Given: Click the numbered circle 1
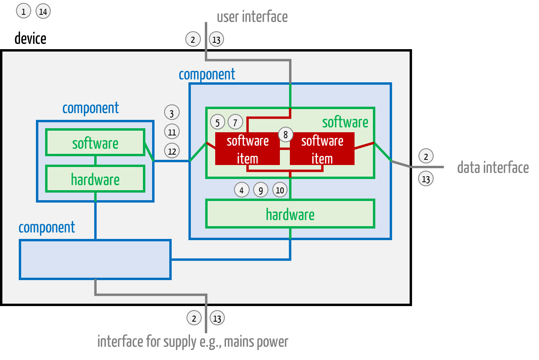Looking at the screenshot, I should [x=24, y=11].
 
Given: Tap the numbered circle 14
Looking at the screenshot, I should [x=43, y=11].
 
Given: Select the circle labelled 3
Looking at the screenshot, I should [x=172, y=113].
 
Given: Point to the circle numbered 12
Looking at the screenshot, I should [x=172, y=151].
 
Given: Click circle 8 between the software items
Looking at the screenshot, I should [x=285, y=135].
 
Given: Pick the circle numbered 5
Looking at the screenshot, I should [x=218, y=122].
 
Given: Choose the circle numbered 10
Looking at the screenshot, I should [x=280, y=190].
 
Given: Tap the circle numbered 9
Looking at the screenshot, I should [x=261, y=190].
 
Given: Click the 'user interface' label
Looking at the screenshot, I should [x=252, y=17].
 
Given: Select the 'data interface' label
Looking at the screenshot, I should [x=493, y=167].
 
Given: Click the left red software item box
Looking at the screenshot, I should [x=247, y=149].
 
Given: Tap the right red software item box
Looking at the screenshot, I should [x=322, y=149].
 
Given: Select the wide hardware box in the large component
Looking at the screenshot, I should [x=290, y=214].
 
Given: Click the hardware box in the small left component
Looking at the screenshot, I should [x=95, y=179].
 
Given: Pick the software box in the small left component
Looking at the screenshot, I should [x=95, y=143].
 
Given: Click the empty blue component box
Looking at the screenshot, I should [x=95, y=259].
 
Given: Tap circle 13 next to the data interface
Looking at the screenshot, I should [x=426, y=179].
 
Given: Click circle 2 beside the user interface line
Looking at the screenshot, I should [x=193, y=39].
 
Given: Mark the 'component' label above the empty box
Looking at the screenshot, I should [x=47, y=227].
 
